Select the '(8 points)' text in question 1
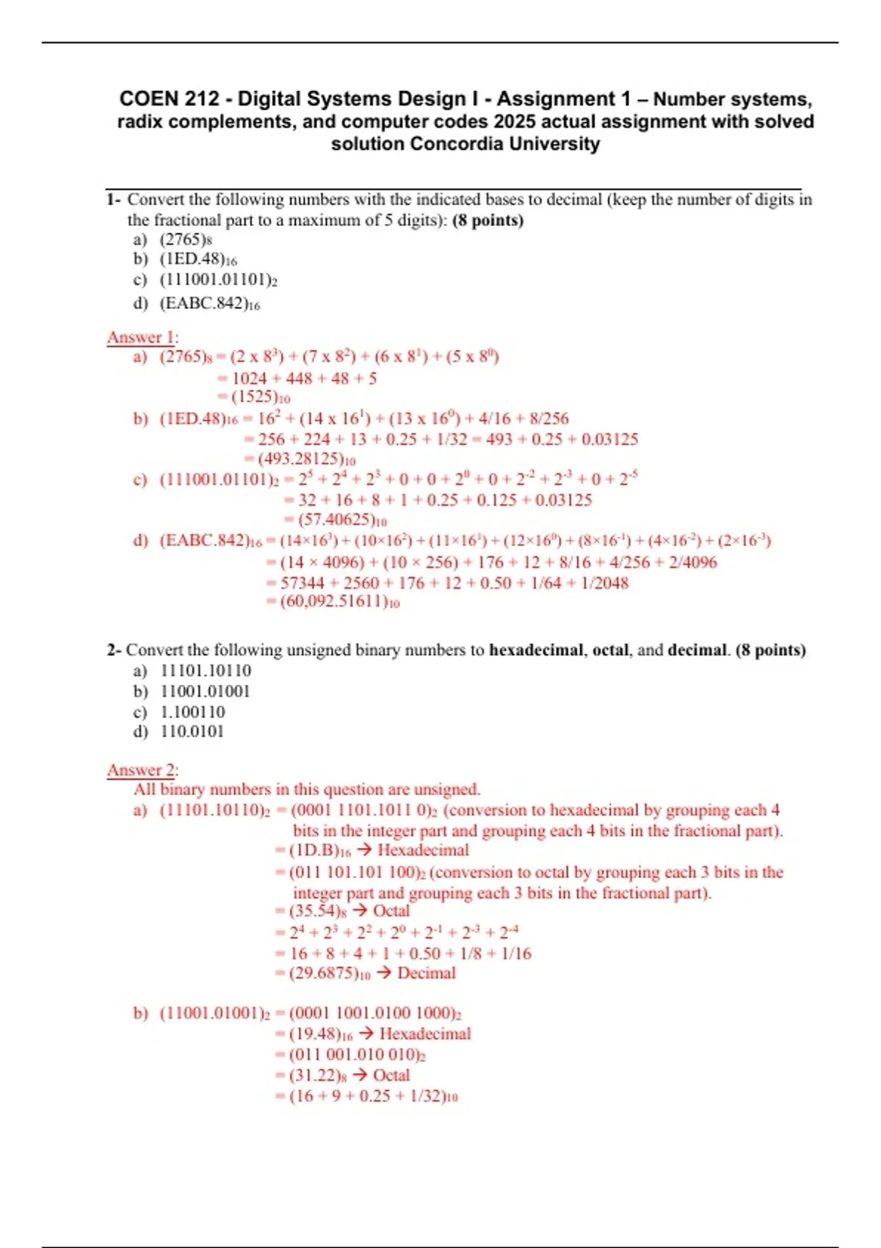(x=488, y=220)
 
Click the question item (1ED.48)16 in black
(x=198, y=259)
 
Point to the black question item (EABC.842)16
(x=209, y=303)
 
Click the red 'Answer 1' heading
(x=142, y=338)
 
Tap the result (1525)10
(x=261, y=397)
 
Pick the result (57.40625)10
(x=342, y=520)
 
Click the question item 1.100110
(x=192, y=712)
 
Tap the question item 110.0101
(x=192, y=732)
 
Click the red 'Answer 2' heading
(x=142, y=771)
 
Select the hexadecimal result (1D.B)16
(x=320, y=851)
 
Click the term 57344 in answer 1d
(x=302, y=584)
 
